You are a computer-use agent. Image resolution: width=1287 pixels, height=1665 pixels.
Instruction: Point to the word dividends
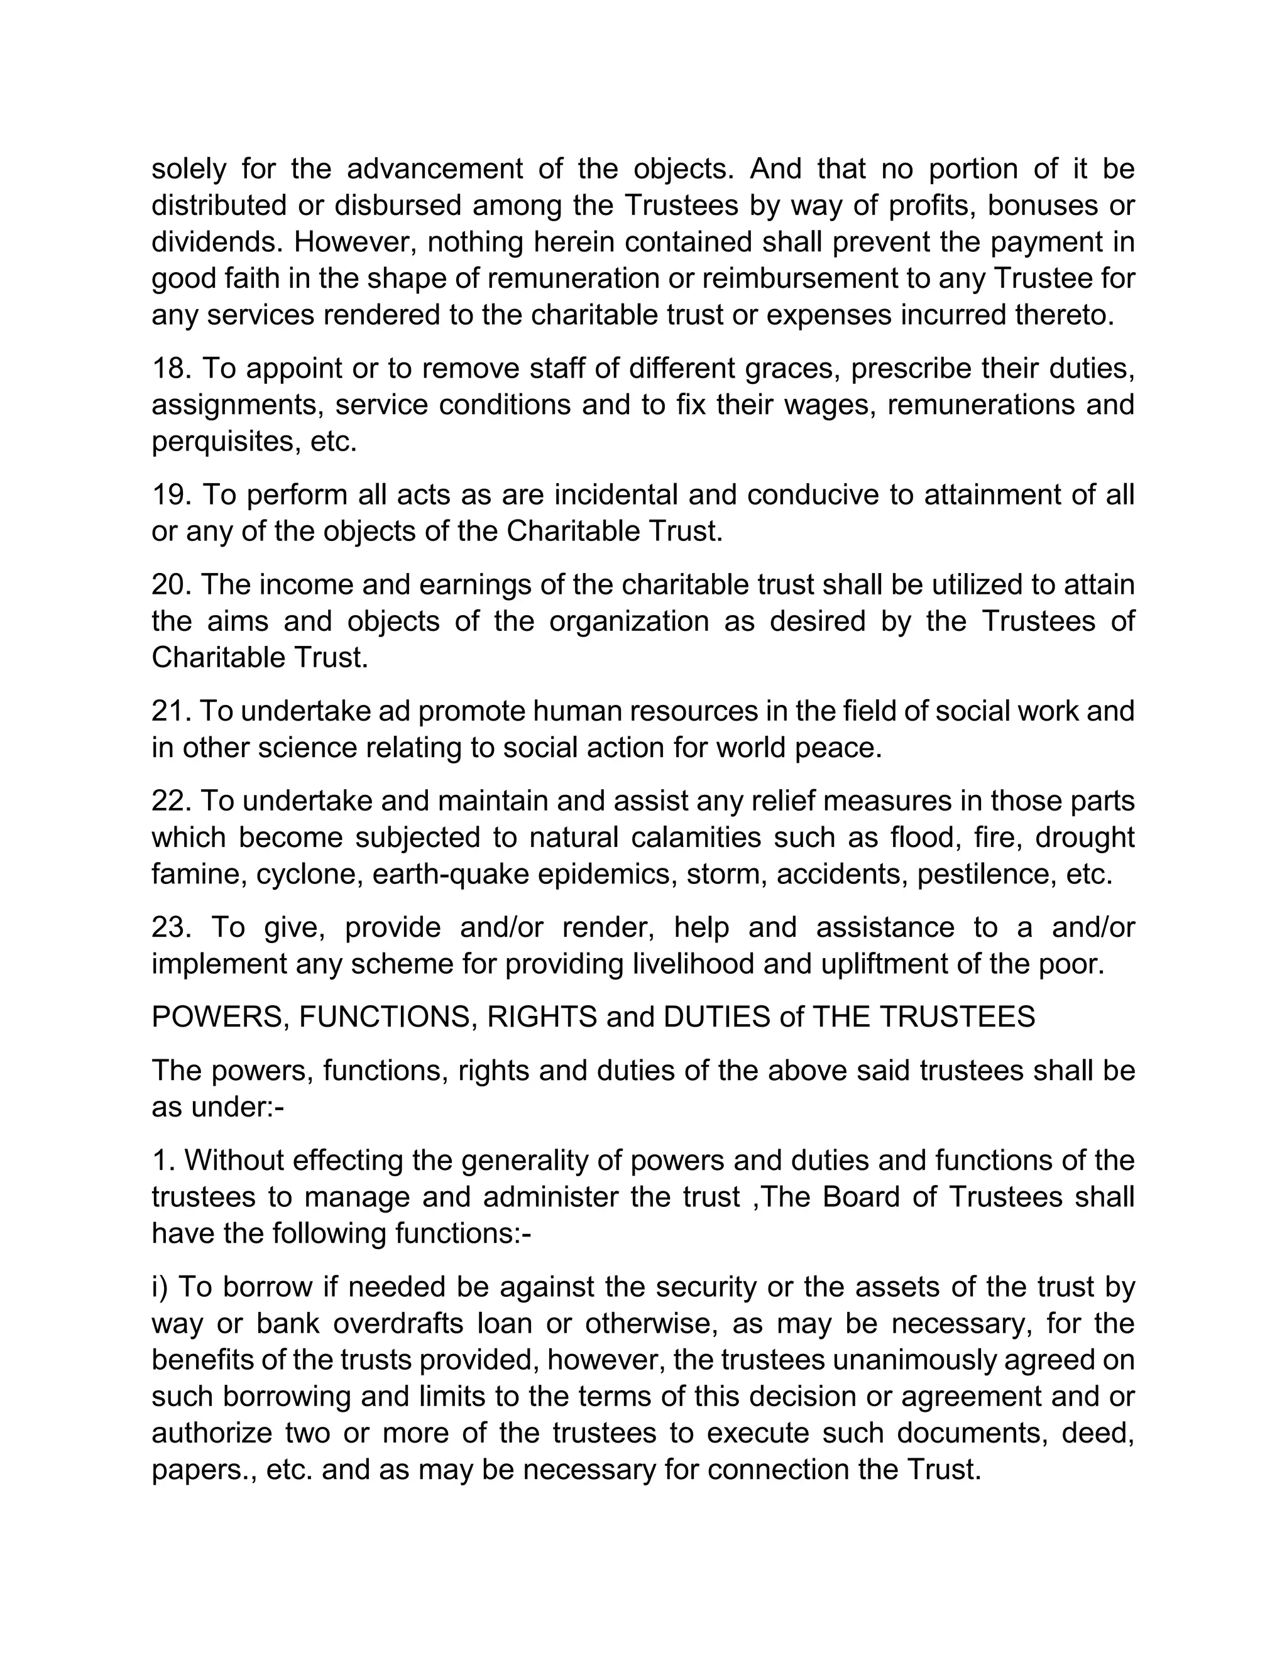point(217,243)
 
